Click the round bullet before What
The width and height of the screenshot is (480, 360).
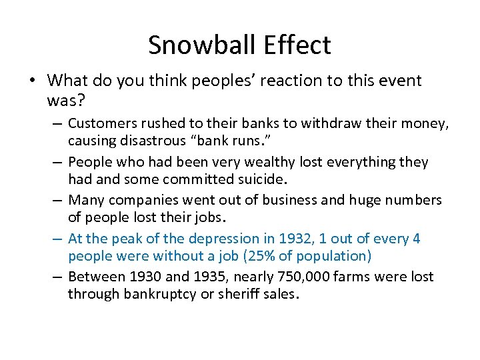click(x=33, y=81)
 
